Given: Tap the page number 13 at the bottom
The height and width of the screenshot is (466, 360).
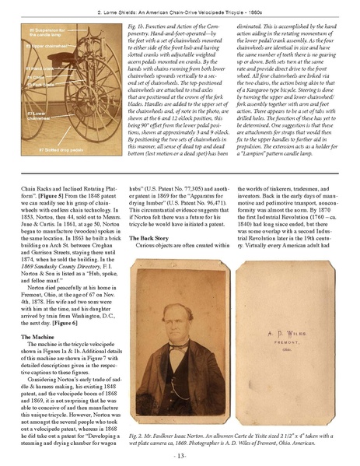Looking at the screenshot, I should pyautogui.click(x=180, y=454).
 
